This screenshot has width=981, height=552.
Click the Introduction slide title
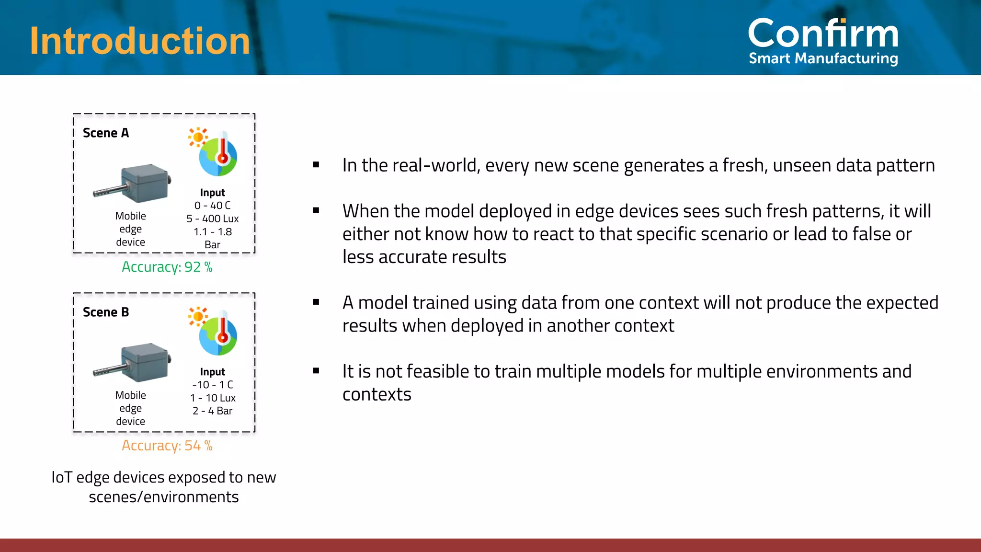[140, 41]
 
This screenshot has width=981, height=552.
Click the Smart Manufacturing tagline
[823, 58]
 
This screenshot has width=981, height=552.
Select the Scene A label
[106, 133]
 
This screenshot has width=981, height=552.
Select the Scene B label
[106, 312]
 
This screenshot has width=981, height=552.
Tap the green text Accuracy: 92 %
[167, 267]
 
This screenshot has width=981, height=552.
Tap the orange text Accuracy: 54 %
[167, 446]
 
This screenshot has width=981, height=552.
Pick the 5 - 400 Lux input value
[212, 219]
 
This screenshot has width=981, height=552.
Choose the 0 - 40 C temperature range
[212, 206]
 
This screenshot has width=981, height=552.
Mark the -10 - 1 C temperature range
[212, 385]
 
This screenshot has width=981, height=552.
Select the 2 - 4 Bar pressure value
[212, 411]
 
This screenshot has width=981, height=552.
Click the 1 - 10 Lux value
[212, 398]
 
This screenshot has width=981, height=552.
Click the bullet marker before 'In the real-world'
[316, 165]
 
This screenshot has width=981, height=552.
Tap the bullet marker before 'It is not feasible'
[316, 371]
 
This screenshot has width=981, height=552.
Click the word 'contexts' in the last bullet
[376, 394]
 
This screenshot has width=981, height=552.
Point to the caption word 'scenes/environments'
[163, 497]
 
